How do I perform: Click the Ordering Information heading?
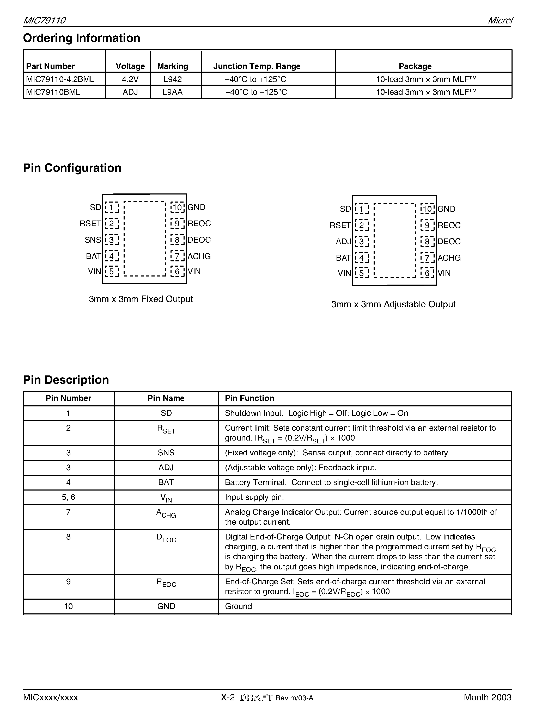click(81, 38)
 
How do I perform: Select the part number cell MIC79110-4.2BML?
click(60, 79)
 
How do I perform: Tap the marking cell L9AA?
click(173, 92)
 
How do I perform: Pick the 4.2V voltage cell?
click(130, 79)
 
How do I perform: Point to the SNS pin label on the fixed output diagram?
click(93, 240)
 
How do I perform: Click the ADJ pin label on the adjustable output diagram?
click(343, 242)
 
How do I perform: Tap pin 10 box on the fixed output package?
click(177, 208)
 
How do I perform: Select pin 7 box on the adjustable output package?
click(427, 258)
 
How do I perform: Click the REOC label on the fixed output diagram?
click(199, 224)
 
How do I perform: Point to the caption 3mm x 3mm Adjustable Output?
click(393, 304)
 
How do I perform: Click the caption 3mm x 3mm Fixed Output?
click(141, 299)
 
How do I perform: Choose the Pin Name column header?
click(166, 398)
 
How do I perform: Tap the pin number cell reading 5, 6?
click(68, 497)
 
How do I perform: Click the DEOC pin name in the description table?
click(166, 538)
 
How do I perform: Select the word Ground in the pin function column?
click(238, 606)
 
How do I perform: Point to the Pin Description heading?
click(66, 380)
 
